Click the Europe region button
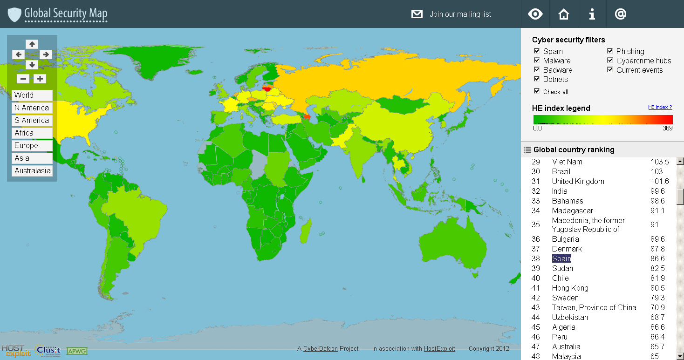(32, 145)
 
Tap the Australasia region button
(32, 170)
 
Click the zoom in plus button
(40, 79)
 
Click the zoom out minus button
(24, 79)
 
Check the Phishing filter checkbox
(610, 51)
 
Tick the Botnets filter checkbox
(537, 79)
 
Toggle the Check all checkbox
(537, 91)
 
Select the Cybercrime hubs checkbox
(610, 61)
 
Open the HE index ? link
(660, 108)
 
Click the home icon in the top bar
(564, 14)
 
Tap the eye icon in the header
(535, 14)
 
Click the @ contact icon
(620, 14)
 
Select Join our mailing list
(460, 14)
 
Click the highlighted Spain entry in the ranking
(561, 258)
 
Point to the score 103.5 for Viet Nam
(660, 162)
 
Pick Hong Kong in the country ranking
(570, 288)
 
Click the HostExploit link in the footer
(439, 348)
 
